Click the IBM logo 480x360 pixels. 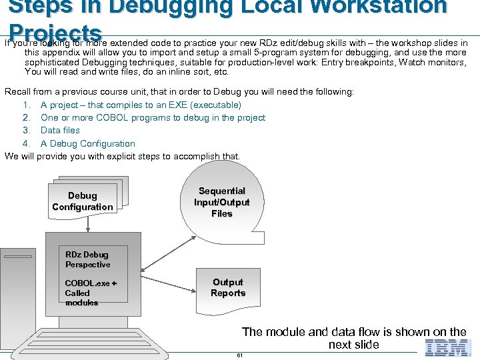pos(447,347)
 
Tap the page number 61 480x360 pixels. pos(239,355)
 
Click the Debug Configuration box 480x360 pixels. pos(83,201)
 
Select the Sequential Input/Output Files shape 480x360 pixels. pos(222,202)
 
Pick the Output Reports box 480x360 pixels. pos(228,288)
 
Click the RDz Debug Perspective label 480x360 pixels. pos(87,259)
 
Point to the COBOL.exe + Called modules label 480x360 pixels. pos(90,293)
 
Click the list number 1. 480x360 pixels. pos(27,105)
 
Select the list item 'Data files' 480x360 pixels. pos(60,131)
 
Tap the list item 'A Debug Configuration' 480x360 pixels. pos(87,143)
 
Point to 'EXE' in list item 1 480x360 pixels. pos(200,105)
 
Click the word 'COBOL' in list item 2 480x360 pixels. pos(113,118)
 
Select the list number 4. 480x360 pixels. pos(27,143)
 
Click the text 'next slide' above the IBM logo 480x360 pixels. pos(353,345)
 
